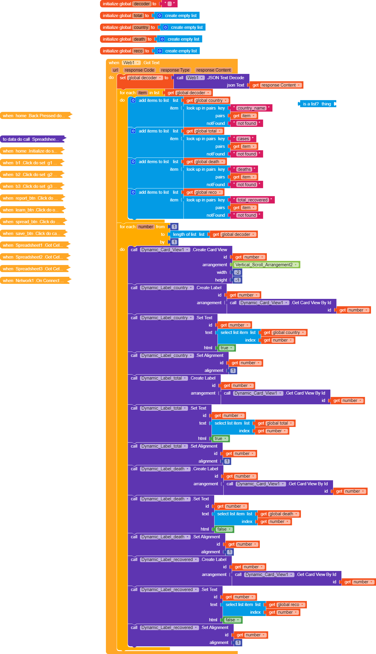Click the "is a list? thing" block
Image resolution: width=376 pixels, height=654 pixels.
pyautogui.click(x=317, y=104)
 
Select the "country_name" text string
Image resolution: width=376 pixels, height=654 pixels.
pyautogui.click(x=251, y=108)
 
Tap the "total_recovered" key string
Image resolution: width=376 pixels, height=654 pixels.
pyautogui.click(x=252, y=200)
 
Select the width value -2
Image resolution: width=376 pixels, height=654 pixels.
pyautogui.click(x=237, y=272)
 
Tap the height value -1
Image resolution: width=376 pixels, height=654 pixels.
pyautogui.click(x=237, y=280)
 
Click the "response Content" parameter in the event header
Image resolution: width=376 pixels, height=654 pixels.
pyautogui.click(x=214, y=70)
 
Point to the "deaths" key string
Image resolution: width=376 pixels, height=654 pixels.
pyautogui.click(x=244, y=169)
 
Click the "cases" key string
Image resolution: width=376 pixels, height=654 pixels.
pyautogui.click(x=243, y=139)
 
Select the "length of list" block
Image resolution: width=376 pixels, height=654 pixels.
pyautogui.click(x=189, y=234)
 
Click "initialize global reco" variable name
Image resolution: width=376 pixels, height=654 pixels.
pyautogui.click(x=138, y=51)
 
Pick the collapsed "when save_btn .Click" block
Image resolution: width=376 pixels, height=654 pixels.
pyautogui.click(x=34, y=234)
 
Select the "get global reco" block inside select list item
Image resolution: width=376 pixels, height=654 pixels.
pyautogui.click(x=287, y=605)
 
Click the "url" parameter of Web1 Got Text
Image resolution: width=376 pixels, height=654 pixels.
pyautogui.click(x=116, y=70)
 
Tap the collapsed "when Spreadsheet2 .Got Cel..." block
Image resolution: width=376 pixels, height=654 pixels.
pyautogui.click(x=35, y=257)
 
